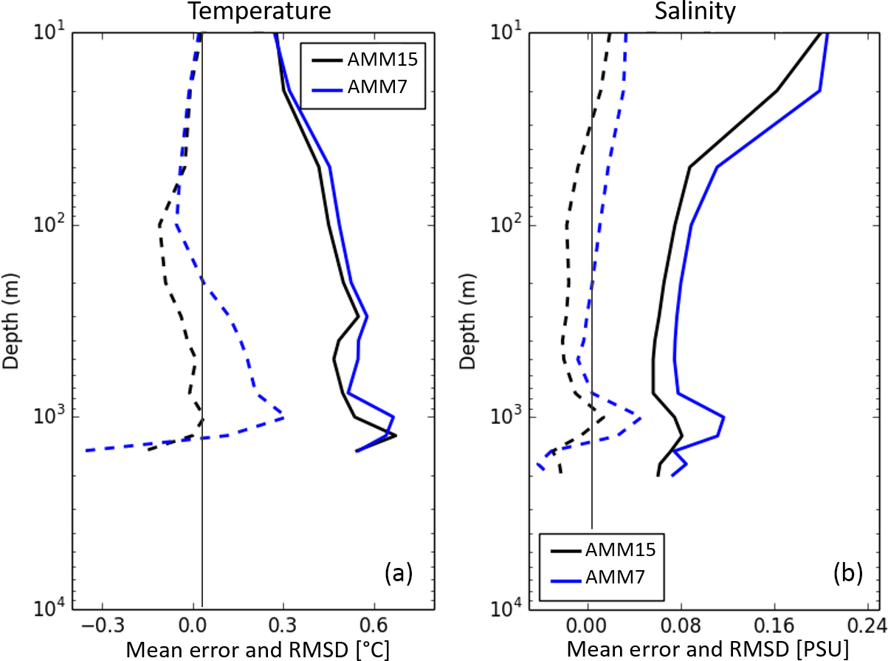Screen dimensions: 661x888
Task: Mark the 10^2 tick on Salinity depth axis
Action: [506, 225]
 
